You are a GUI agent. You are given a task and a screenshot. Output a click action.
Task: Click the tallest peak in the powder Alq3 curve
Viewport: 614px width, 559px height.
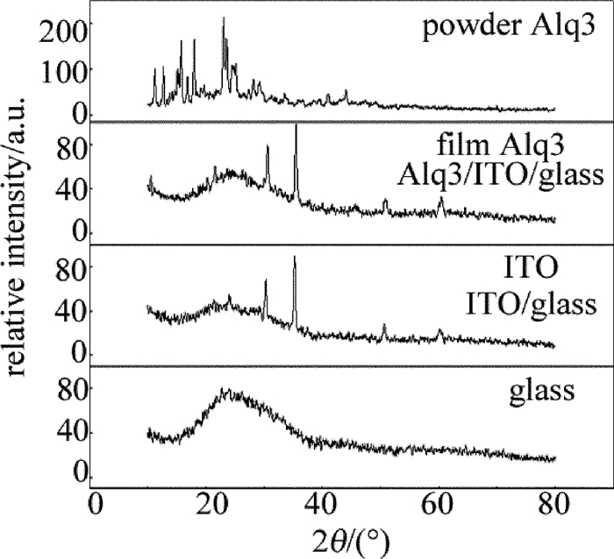tap(224, 18)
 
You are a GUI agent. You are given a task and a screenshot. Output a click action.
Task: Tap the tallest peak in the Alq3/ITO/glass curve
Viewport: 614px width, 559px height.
tap(296, 126)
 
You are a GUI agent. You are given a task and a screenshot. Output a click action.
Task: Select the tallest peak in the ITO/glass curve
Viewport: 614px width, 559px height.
tap(295, 257)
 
